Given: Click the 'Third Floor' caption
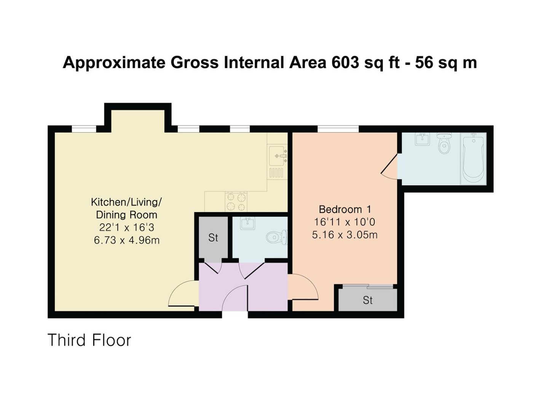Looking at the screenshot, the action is tap(89, 340).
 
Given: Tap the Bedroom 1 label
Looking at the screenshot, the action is tap(345, 209).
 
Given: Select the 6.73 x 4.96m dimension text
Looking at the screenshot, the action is tap(126, 240).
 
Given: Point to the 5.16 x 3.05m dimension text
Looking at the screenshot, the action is tap(345, 235).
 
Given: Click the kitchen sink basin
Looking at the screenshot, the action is tap(277, 155).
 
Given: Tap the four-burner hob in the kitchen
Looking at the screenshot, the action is tap(236, 202).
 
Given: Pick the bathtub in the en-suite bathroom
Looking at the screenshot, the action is tap(473, 160).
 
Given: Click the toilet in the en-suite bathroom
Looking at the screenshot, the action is tap(444, 143).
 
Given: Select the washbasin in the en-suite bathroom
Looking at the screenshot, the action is tap(422, 139).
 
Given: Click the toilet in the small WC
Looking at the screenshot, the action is tap(277, 237).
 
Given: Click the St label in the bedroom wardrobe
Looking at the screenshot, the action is tap(368, 301).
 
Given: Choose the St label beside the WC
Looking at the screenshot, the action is tap(213, 238).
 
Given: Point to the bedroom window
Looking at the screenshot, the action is tap(338, 129).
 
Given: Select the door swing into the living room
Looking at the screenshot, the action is tap(182, 293).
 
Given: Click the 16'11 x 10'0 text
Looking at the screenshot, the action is tap(345, 222).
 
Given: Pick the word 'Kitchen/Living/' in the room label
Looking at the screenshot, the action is tap(126, 202).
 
